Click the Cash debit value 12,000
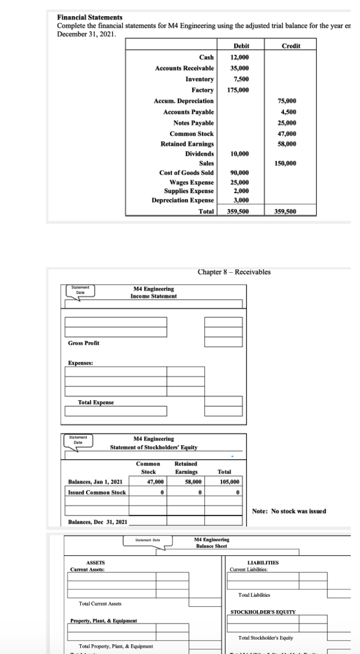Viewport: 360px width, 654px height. pyautogui.click(x=239, y=58)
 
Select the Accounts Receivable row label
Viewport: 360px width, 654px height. pyautogui.click(x=185, y=68)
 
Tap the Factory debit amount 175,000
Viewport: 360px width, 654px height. pyautogui.click(x=238, y=90)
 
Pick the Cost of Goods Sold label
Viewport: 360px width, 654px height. pyautogui.click(x=186, y=173)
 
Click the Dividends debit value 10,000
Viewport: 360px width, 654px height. pyautogui.click(x=239, y=154)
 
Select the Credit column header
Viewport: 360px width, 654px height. pyautogui.click(x=291, y=46)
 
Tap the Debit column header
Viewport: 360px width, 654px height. pyautogui.click(x=239, y=46)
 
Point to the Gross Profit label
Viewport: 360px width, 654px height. pyautogui.click(x=84, y=343)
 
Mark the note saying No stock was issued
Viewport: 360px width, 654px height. pyautogui.click(x=289, y=511)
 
